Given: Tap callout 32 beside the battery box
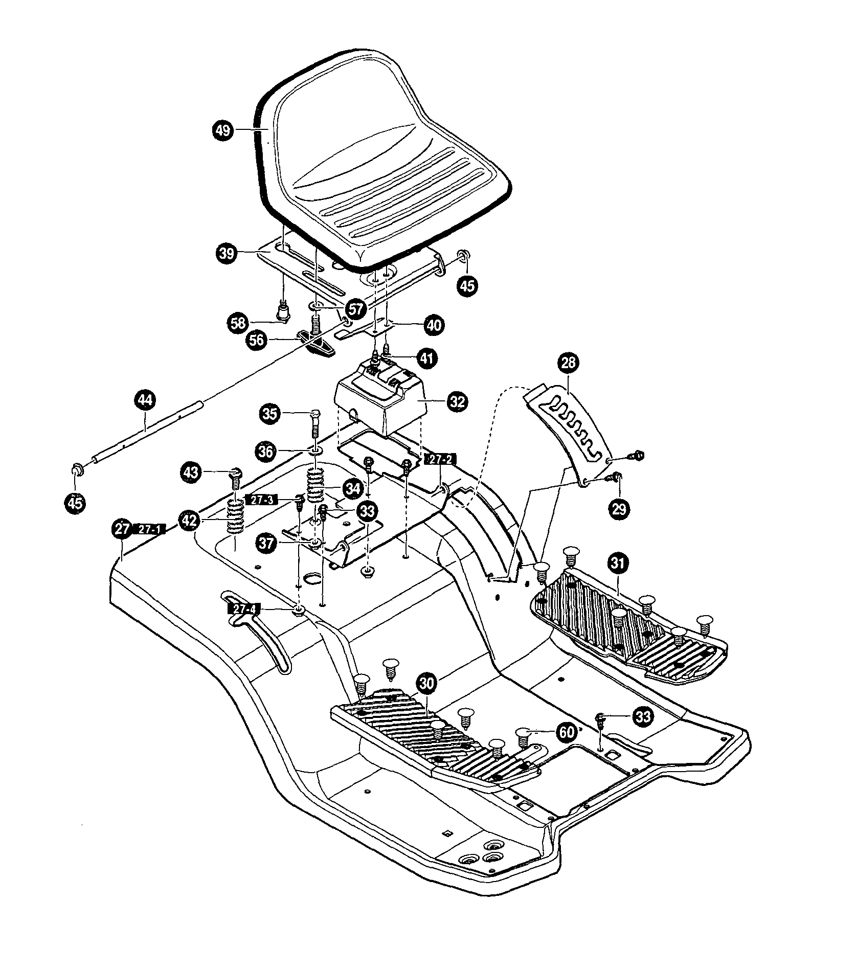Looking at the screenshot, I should pos(457,401).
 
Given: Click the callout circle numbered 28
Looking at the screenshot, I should pos(568,363).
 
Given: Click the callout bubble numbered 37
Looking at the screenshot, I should pos(266,544).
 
